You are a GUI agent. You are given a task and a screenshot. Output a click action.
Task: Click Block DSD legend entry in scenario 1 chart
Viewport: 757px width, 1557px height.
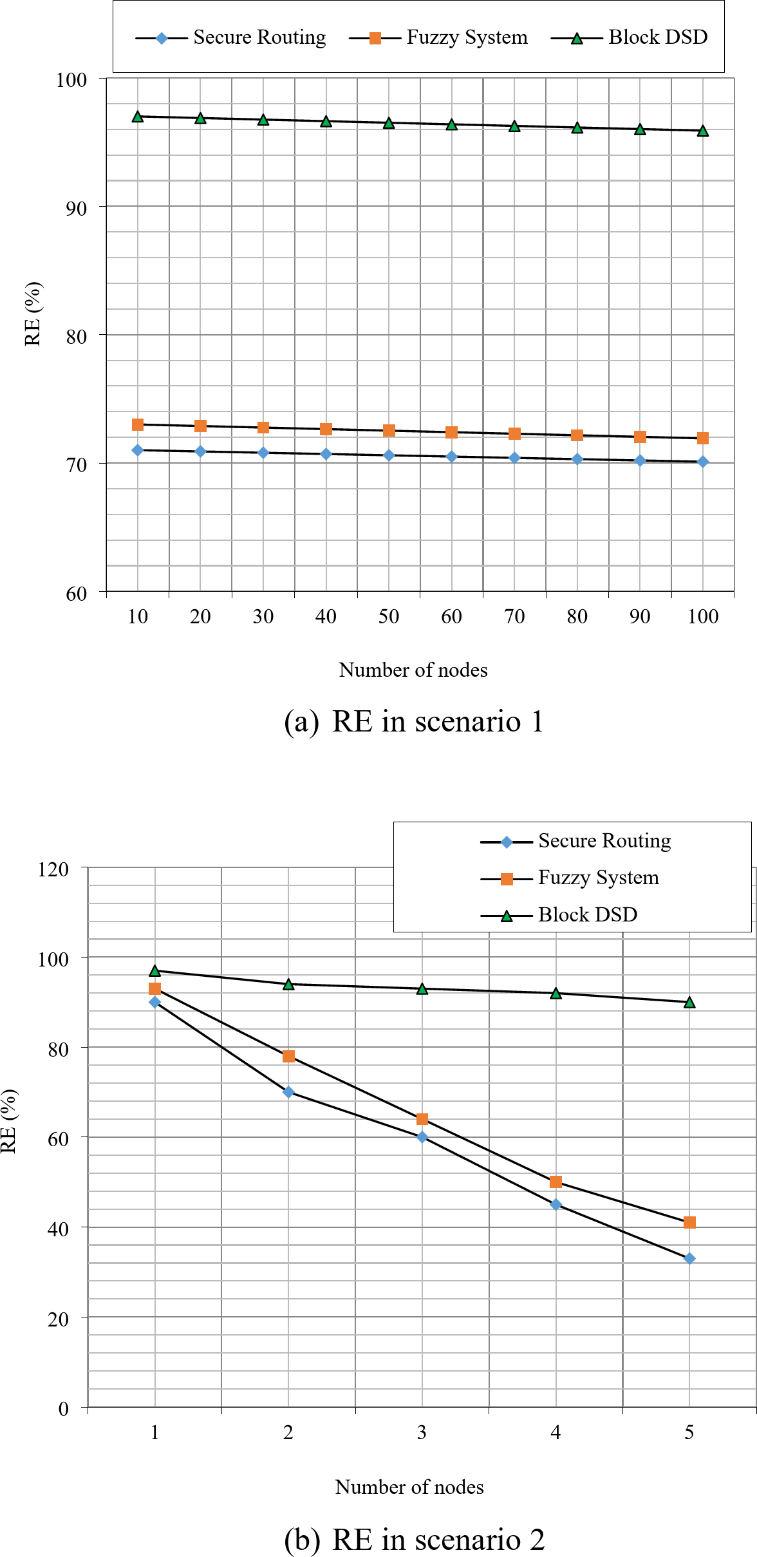657,37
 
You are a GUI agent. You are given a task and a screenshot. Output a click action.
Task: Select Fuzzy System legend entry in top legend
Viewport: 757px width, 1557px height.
466,37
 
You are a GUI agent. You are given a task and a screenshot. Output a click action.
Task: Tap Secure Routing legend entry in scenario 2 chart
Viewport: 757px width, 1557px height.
604,841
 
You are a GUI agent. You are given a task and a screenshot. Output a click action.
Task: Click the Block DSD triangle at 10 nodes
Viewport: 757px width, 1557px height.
138,117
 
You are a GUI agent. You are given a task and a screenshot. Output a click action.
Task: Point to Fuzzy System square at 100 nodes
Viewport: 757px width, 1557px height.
702,438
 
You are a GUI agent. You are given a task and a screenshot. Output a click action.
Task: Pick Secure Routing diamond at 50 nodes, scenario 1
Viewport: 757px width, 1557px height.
389,455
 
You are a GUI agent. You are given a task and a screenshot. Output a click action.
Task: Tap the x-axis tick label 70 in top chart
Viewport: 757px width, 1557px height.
514,617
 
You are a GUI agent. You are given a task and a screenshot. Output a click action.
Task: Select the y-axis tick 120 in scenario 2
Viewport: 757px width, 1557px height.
53,869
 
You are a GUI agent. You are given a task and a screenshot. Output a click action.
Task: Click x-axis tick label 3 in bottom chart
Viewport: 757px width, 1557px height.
422,1433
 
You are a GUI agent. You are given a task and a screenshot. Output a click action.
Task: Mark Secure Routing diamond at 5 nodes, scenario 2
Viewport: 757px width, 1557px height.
689,1259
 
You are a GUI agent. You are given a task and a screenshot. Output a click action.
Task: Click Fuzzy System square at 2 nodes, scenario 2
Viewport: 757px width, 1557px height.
288,1057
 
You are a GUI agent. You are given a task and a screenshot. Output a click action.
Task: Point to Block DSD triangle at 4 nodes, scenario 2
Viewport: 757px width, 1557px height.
556,994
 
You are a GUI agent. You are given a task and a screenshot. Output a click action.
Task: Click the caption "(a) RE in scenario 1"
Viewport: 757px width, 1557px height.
413,721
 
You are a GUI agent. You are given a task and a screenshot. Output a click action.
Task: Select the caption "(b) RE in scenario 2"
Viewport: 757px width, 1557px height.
413,1540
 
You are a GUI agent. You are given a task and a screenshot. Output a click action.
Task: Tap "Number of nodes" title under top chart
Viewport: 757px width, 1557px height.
413,670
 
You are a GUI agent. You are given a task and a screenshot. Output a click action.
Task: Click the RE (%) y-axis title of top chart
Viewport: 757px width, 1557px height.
32,314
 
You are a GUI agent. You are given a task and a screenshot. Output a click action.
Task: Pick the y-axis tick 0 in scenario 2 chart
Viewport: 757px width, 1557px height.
63,1409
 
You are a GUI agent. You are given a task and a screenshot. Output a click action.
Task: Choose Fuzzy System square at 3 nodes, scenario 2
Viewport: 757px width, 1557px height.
422,1119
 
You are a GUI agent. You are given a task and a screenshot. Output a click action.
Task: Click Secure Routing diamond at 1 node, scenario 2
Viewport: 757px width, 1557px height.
154,1002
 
